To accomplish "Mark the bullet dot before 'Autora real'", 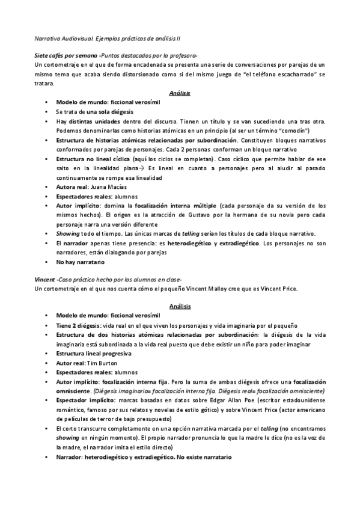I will (46, 188).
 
